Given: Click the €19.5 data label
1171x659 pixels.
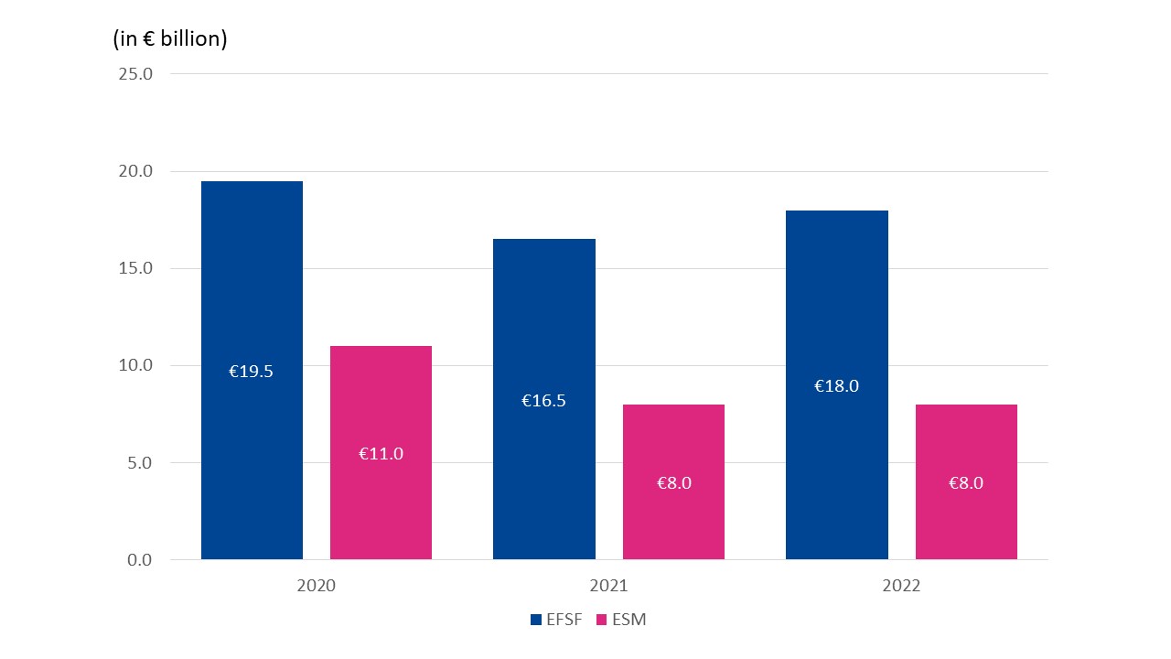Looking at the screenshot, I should pos(251,372).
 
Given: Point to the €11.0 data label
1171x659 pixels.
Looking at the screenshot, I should pos(381,453).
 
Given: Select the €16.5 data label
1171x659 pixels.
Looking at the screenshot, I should pos(543,401).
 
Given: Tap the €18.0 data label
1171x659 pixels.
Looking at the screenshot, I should pos(836,386).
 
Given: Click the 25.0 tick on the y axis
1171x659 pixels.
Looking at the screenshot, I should pos(135,74).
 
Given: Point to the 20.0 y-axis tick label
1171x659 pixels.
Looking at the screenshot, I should pos(135,171).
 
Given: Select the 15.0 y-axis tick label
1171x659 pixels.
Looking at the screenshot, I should pos(135,268).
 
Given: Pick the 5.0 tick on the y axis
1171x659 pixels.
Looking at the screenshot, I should pos(139,462).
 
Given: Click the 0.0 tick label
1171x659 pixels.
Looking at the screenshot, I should pos(139,559).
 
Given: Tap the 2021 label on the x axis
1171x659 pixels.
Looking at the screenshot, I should pos(608,587).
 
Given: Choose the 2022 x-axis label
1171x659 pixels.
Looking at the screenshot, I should pos(901,587).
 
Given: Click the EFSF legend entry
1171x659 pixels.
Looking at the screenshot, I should pos(555,620).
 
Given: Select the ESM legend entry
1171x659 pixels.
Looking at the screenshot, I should pos(620,620).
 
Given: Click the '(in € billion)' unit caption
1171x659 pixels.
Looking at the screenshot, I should pos(170,39).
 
